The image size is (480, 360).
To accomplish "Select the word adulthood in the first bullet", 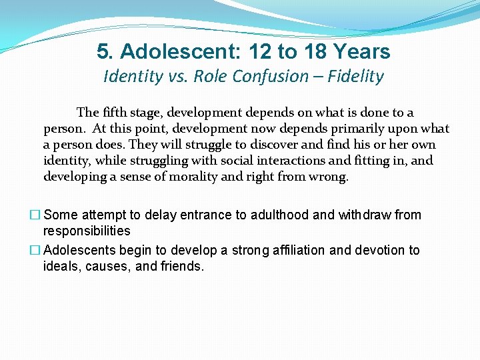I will (x=273, y=215).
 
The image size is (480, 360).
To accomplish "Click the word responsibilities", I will (x=87, y=231).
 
